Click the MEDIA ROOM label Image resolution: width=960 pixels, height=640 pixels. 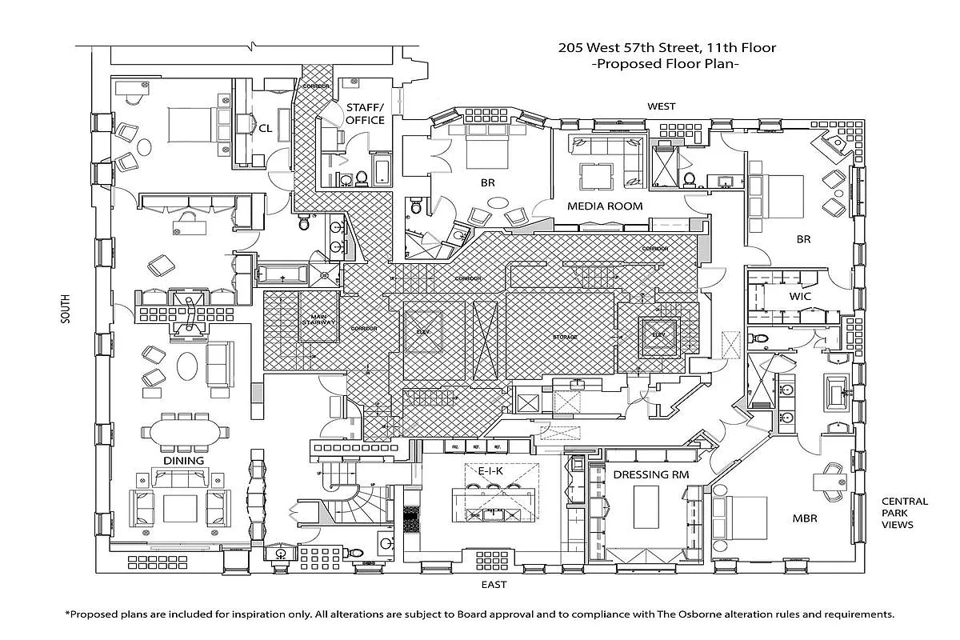605,206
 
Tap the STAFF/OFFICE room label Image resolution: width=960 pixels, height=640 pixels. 365,114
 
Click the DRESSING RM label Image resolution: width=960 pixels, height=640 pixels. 650,474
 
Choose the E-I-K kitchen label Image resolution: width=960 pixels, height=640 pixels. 490,471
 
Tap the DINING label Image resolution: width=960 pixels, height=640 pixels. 183,462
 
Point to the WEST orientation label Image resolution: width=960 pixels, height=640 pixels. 661,106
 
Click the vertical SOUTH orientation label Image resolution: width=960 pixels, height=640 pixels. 65,309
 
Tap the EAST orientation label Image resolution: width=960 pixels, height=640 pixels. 494,585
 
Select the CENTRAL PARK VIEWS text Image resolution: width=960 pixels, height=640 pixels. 905,514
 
